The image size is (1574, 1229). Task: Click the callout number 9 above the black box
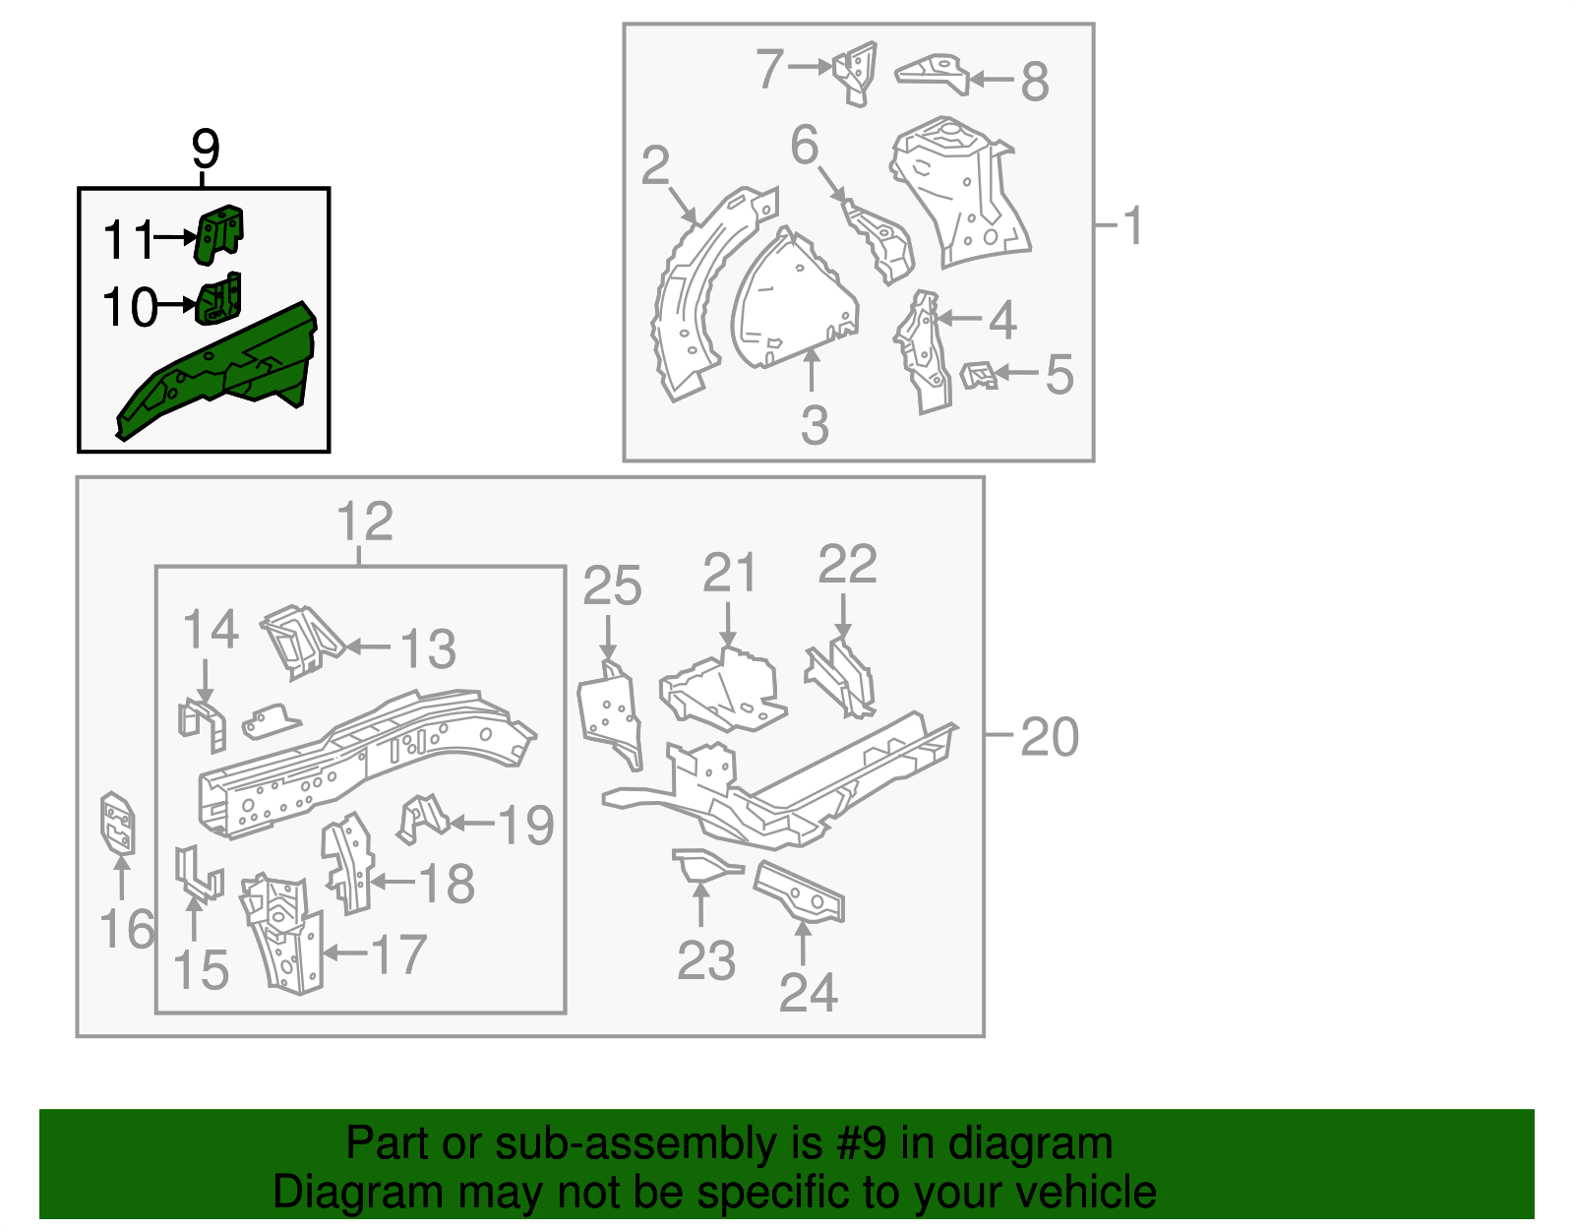point(205,150)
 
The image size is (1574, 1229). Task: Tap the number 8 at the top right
point(1034,82)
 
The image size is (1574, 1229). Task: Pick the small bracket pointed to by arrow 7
point(855,71)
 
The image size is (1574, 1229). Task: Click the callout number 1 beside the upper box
point(1133,225)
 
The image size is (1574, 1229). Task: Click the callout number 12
point(364,522)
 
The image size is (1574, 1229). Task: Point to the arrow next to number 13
point(368,646)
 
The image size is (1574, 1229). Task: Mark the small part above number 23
point(702,866)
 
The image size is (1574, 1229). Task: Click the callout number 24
point(808,992)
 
